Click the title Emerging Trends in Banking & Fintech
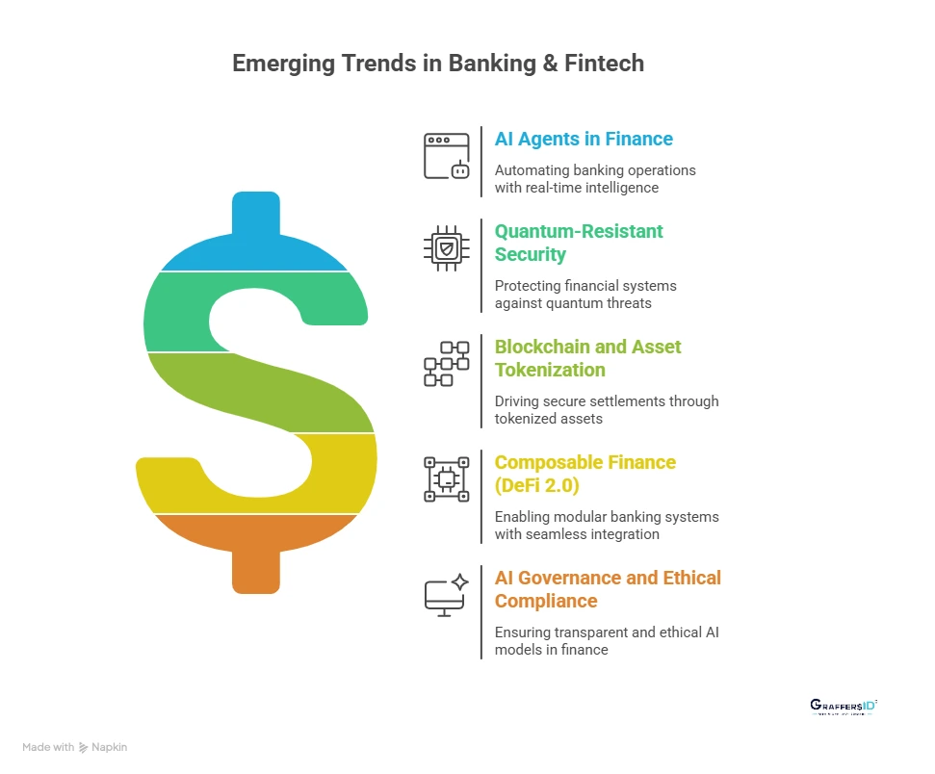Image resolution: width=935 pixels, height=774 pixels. pos(438,64)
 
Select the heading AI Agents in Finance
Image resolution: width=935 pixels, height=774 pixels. pos(584,139)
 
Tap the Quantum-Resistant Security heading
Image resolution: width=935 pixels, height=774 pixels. pos(579,243)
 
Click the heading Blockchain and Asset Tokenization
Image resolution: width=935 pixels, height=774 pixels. pos(587,358)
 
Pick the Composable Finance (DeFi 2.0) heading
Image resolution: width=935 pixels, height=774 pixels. pos(584,474)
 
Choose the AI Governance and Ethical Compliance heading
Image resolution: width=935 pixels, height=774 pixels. pos(607,589)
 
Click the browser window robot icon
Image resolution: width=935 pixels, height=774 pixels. pos(447,156)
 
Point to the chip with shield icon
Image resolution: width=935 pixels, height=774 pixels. pos(447,248)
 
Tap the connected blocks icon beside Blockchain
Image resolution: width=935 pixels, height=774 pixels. pos(447,364)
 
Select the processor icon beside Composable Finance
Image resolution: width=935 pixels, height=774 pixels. pos(447,479)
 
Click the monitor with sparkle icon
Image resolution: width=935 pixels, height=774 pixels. pos(447,595)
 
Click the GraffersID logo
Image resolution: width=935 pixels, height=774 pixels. pos(844,707)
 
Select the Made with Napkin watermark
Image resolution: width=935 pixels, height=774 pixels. pos(74,747)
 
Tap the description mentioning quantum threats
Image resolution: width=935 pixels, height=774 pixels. pos(585,295)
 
